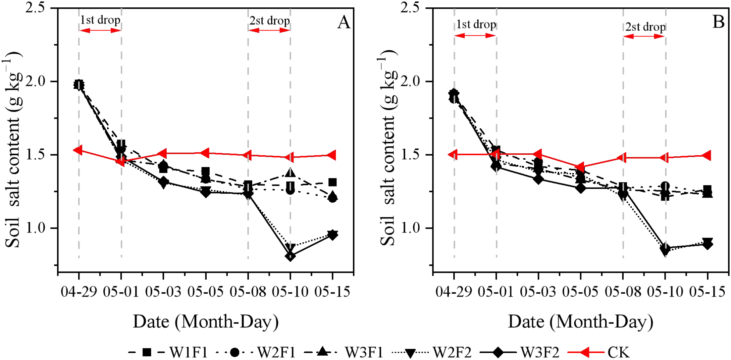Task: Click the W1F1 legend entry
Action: pyautogui.click(x=168, y=352)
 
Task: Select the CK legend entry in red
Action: pyautogui.click(x=599, y=352)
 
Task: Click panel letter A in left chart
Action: pyautogui.click(x=344, y=23)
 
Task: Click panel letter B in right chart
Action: pyautogui.click(x=718, y=22)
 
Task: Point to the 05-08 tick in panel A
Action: pyautogui.click(x=248, y=292)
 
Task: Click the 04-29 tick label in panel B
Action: pyautogui.click(x=454, y=292)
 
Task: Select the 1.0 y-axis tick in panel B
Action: pyautogui.click(x=411, y=228)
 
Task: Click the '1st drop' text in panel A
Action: pyautogui.click(x=100, y=20)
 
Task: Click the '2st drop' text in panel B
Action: pyautogui.click(x=645, y=27)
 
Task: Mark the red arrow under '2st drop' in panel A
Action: pyautogui.click(x=269, y=31)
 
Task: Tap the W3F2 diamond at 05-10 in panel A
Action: pyautogui.click(x=290, y=256)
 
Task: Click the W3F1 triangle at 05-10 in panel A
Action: pyautogui.click(x=290, y=173)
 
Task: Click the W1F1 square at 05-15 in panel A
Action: pyautogui.click(x=332, y=182)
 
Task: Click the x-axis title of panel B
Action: pyautogui.click(x=580, y=321)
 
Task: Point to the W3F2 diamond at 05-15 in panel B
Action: pyautogui.click(x=707, y=244)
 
